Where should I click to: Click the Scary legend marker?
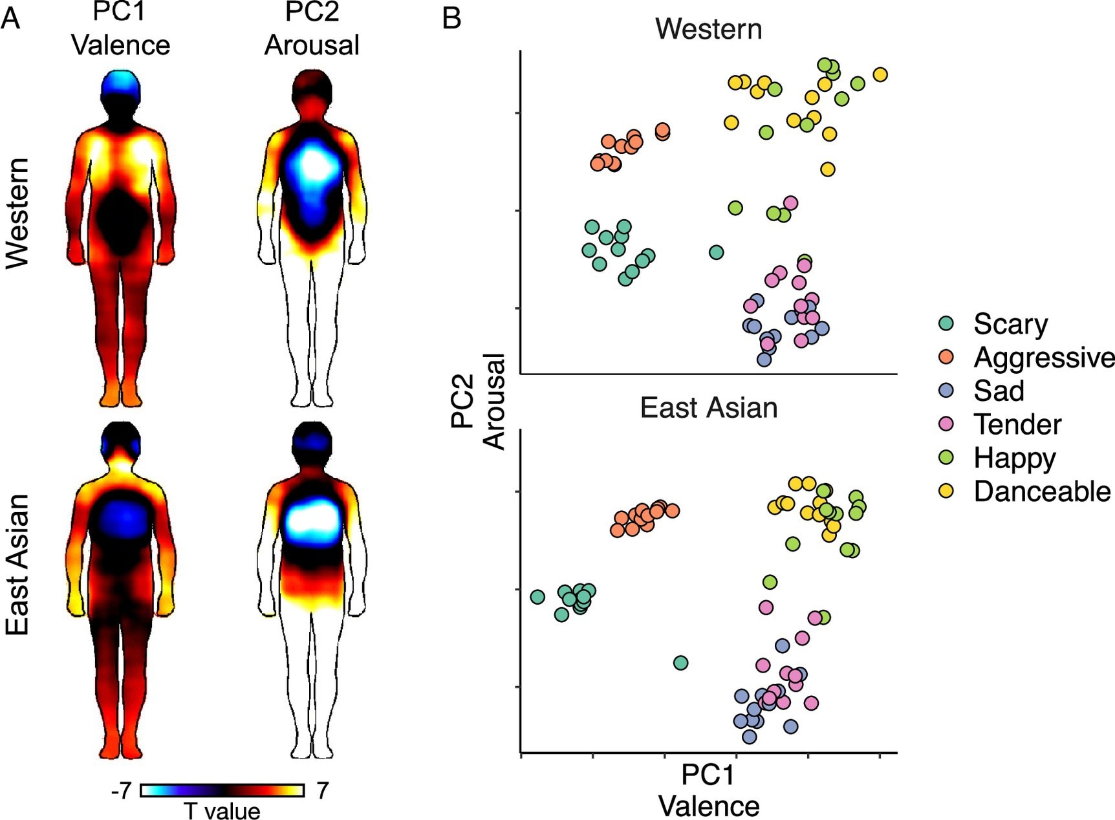(x=946, y=323)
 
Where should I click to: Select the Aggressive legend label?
(x=1043, y=357)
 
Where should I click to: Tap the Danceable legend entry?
(x=1041, y=491)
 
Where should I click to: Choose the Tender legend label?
(x=1017, y=424)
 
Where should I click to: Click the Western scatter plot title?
(x=708, y=29)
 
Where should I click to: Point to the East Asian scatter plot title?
(x=708, y=408)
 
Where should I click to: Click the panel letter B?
(x=451, y=17)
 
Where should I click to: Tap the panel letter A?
(x=10, y=17)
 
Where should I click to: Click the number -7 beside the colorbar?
(x=121, y=790)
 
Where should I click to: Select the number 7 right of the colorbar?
(x=322, y=790)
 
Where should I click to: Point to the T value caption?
(x=222, y=810)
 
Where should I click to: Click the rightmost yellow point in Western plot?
(x=880, y=75)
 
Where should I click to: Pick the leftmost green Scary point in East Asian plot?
(x=537, y=596)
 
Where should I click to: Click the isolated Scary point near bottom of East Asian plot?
(x=680, y=663)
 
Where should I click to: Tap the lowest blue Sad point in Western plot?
(x=764, y=360)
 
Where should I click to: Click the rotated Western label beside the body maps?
(x=18, y=213)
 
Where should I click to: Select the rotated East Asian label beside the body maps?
(x=18, y=564)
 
